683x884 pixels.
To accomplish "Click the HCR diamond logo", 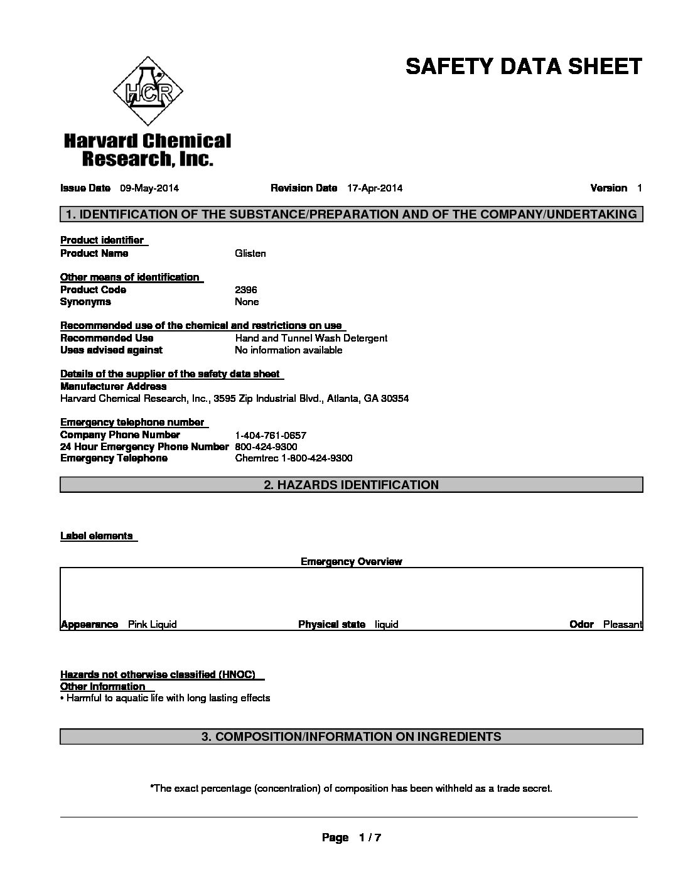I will pyautogui.click(x=148, y=92).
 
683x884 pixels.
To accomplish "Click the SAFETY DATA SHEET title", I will pyautogui.click(x=524, y=67).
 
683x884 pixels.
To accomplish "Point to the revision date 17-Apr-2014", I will pyautogui.click(x=375, y=188).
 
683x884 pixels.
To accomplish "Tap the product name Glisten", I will pyautogui.click(x=250, y=254).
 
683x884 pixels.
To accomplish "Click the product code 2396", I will pyautogui.click(x=245, y=290).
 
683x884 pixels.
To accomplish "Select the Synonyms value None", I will pyautogui.click(x=247, y=302).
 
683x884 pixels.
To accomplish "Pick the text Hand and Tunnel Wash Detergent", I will pyautogui.click(x=311, y=338).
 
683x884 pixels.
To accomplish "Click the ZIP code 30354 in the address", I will pyautogui.click(x=395, y=399).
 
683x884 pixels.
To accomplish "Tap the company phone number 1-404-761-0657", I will pyautogui.click(x=271, y=435).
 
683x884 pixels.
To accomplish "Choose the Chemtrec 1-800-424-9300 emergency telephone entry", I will pyautogui.click(x=293, y=458).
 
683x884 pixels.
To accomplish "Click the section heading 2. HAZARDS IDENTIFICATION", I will pyautogui.click(x=351, y=485).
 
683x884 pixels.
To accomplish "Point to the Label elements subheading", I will pyautogui.click(x=97, y=536).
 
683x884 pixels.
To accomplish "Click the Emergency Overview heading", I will pyautogui.click(x=351, y=562).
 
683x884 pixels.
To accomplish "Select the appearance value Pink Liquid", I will pyautogui.click(x=153, y=625).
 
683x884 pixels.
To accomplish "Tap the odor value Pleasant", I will pyautogui.click(x=622, y=625).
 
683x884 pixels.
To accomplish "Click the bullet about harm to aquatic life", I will pyautogui.click(x=166, y=698).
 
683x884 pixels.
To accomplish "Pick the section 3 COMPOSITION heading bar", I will pyautogui.click(x=351, y=736).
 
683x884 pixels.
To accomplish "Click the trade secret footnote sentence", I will pyautogui.click(x=351, y=789).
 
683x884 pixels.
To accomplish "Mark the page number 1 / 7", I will pyautogui.click(x=370, y=838).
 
